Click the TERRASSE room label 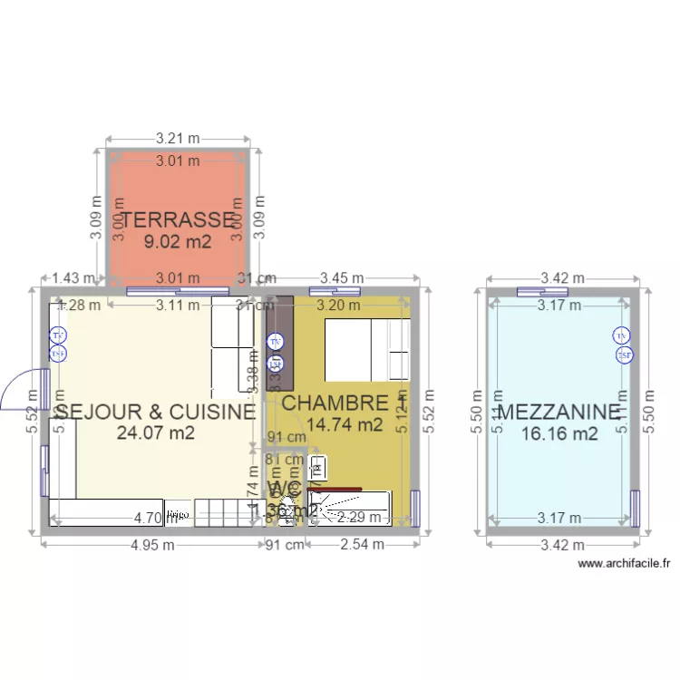pos(178,219)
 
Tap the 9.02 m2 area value pos(178,242)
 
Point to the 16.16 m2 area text pos(559,434)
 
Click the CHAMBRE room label pos(335,403)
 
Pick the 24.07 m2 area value pos(156,433)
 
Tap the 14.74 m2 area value pos(345,424)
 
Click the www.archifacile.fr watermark pos(624,563)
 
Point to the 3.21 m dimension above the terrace pos(177,139)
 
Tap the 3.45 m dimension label pos(342,278)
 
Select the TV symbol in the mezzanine pos(621,336)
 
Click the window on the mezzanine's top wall pos(543,291)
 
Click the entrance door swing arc pos(20,391)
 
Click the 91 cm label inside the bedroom pos(287,437)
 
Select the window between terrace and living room pos(177,291)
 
